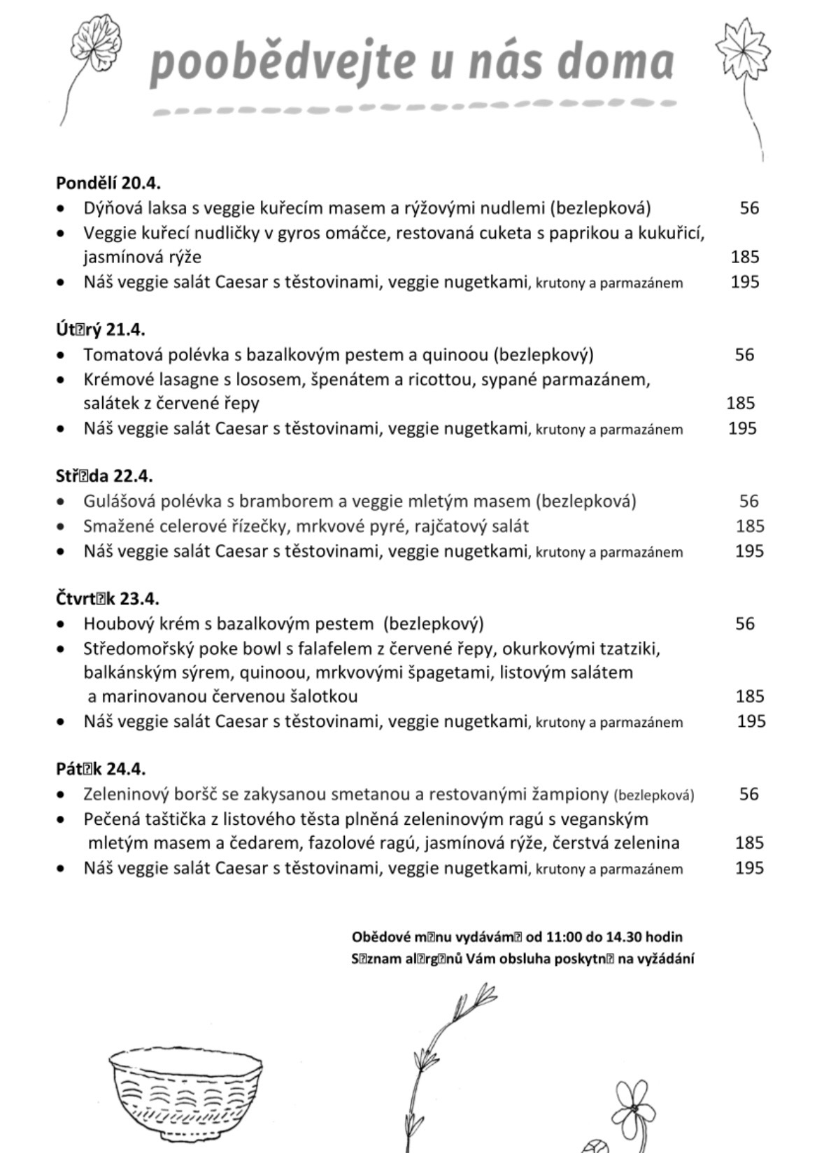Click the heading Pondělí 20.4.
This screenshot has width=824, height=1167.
pos(108,183)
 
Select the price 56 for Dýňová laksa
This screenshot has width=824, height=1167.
pos(749,208)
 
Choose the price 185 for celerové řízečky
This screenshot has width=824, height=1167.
pos(749,526)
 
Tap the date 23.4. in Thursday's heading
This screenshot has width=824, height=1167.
pos(140,599)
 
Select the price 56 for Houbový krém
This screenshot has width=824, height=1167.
pos(745,623)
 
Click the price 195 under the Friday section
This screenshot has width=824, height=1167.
pos(749,868)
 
